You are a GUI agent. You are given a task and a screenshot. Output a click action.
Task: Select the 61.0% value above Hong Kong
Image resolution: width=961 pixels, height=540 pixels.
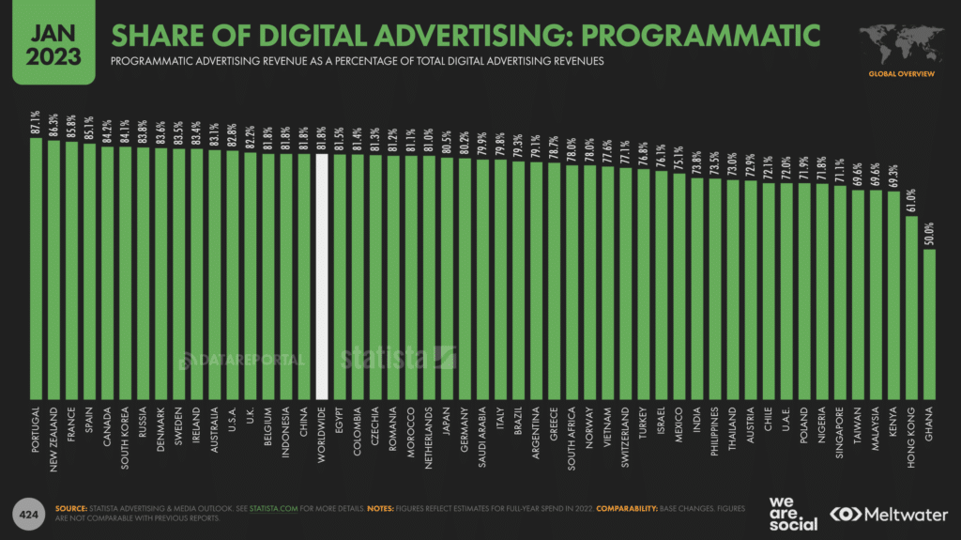click(911, 200)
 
